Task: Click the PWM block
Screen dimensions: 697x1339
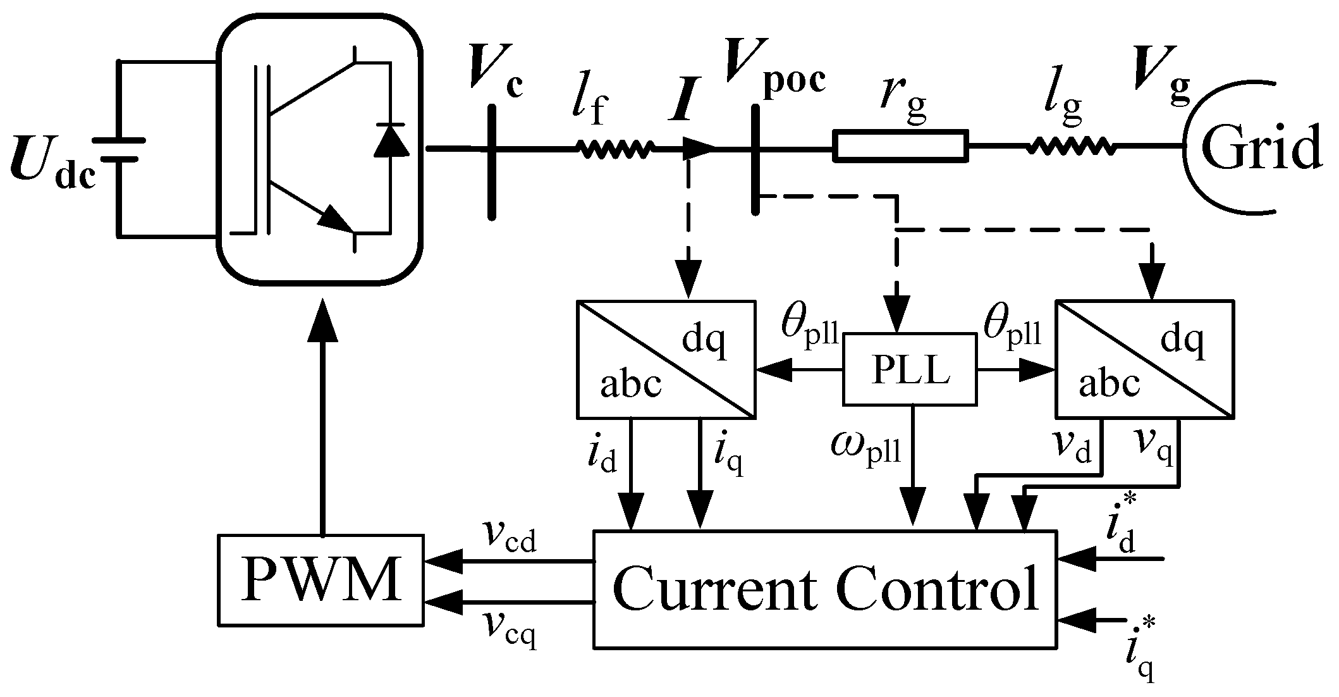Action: click(x=321, y=580)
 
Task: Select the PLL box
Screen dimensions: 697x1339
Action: click(x=910, y=369)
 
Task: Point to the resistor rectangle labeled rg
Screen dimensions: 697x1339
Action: click(x=900, y=147)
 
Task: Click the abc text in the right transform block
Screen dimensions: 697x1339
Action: click(x=1109, y=383)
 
